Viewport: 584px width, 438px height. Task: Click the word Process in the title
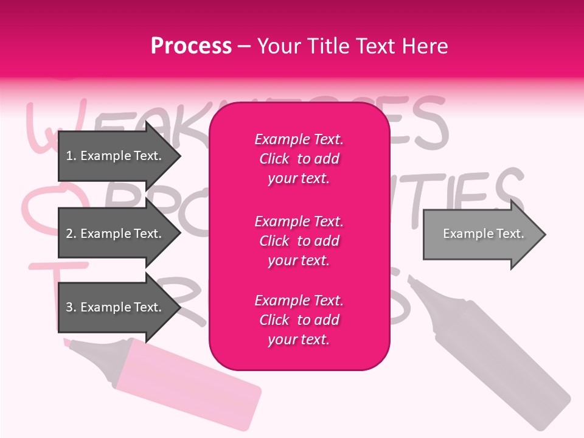(x=191, y=46)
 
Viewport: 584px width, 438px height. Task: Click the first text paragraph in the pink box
(x=299, y=159)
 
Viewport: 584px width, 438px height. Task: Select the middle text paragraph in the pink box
(x=299, y=241)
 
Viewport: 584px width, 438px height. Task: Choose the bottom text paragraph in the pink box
(x=299, y=320)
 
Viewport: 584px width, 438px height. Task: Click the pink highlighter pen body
(x=189, y=383)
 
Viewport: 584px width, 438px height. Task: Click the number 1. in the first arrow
(x=71, y=156)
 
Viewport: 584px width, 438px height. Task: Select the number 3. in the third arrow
(x=71, y=307)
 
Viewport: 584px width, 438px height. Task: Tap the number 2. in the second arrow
(x=71, y=234)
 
